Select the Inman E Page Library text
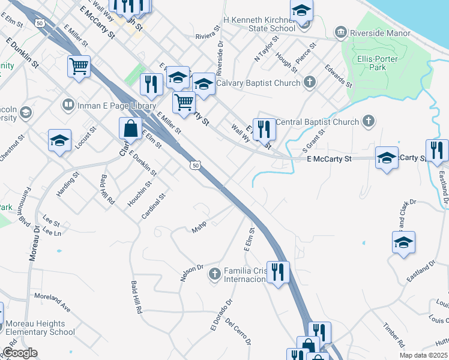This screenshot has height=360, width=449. (109, 106)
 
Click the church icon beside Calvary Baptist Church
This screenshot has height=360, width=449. (309, 83)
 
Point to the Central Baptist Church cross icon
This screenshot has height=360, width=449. (369, 122)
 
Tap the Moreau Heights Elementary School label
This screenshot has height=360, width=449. (40, 328)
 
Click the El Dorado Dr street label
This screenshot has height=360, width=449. (220, 316)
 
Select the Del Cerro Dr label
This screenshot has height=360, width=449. (238, 331)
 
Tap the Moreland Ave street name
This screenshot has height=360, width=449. (52, 301)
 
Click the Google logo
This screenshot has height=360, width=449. (20, 353)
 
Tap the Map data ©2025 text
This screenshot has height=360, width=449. (423, 355)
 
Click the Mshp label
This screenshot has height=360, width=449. (199, 229)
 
